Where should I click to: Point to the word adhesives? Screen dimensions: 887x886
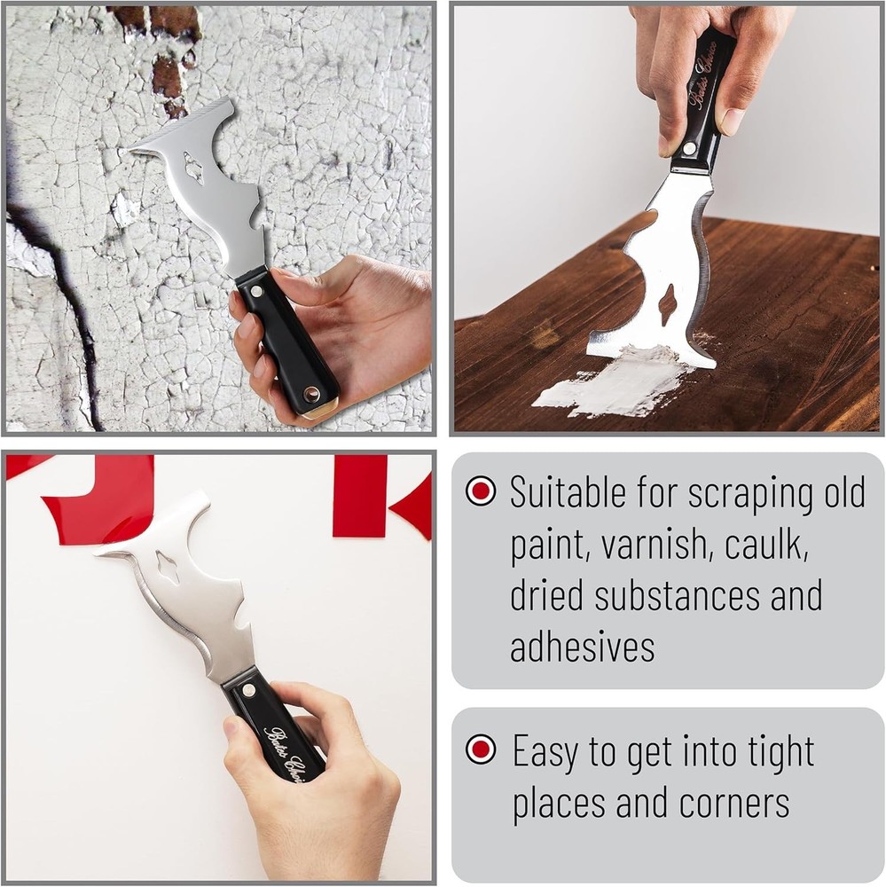tap(582, 647)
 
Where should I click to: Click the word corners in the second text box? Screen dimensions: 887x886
tap(734, 803)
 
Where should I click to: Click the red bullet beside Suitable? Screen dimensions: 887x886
tap(481, 491)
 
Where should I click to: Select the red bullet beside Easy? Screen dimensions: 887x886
tap(481, 750)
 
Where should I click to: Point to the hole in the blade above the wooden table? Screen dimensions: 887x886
tap(667, 304)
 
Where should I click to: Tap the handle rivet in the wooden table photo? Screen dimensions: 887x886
tap(689, 148)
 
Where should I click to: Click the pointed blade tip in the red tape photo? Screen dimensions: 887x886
tap(98, 553)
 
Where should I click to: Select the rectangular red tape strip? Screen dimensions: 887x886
tap(359, 497)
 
